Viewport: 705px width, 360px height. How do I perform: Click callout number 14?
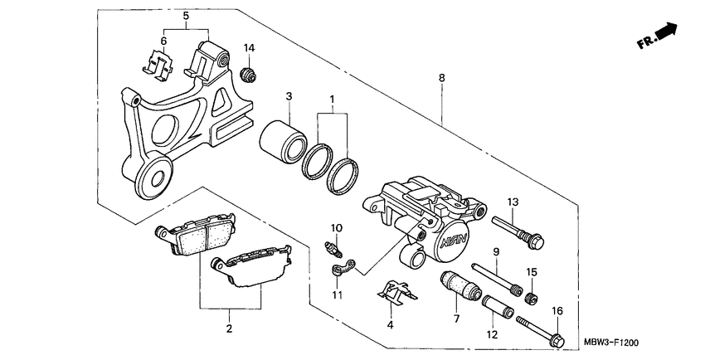tap(248, 48)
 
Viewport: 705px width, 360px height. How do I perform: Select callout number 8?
tap(442, 77)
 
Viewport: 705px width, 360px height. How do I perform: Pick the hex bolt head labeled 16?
tap(557, 339)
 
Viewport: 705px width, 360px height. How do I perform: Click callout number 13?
tap(513, 202)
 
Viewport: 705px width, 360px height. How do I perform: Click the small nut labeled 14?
tap(246, 76)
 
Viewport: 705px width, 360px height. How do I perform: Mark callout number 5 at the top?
tap(186, 16)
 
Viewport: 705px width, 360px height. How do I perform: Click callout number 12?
tap(491, 334)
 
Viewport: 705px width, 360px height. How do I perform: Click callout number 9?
tap(496, 252)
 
